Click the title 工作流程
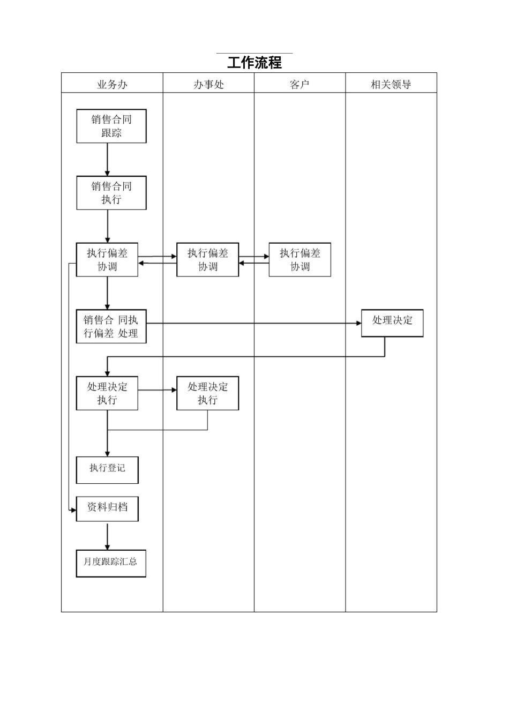coord(254,63)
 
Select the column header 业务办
coord(112,84)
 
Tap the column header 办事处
coord(208,84)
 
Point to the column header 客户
coord(300,84)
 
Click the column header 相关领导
coord(391,84)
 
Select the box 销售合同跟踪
coord(111,126)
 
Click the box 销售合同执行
coord(111,193)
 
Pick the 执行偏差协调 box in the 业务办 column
coord(107,260)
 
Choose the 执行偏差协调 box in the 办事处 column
coord(208,260)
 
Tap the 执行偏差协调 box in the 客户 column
coord(300,260)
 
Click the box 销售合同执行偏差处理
coord(111,326)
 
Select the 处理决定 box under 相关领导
coord(392,323)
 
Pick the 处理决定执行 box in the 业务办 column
coord(107,393)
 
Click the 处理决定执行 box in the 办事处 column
coord(208,393)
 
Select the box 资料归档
coord(107,509)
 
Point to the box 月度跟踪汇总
coord(111,563)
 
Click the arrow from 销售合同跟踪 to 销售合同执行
coord(108,159)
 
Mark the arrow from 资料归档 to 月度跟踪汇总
coord(108,536)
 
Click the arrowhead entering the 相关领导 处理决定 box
coord(358,323)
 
